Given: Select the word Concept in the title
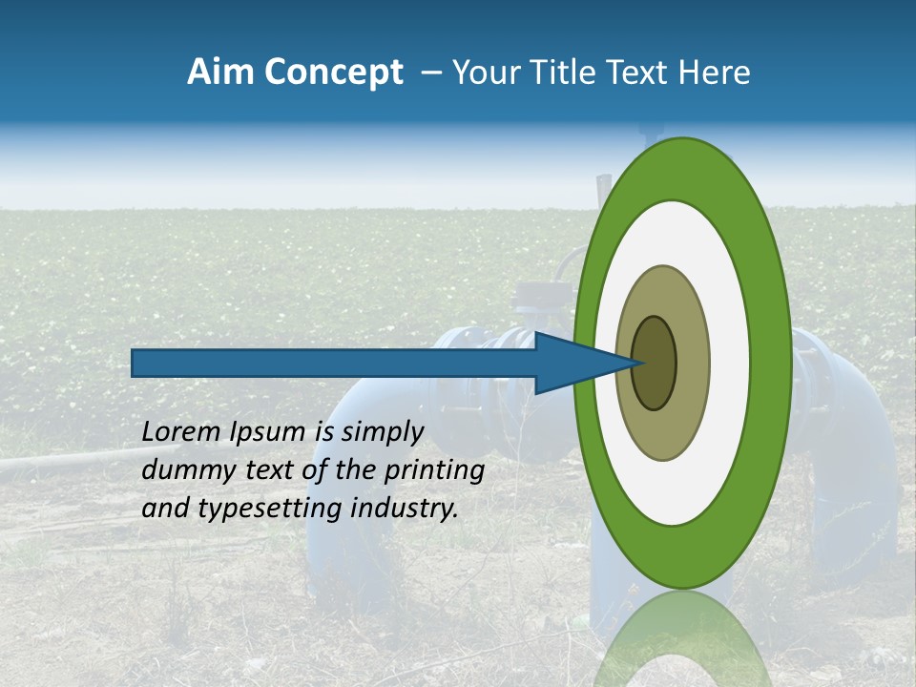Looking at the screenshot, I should pyautogui.click(x=333, y=73).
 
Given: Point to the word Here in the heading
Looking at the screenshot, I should pyautogui.click(x=715, y=73).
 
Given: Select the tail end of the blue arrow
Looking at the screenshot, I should pyautogui.click(x=135, y=363).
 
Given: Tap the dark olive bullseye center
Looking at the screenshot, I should pyautogui.click(x=654, y=363).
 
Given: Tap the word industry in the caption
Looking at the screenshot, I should pyautogui.click(x=405, y=509).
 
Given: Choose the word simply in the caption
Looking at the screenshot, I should pyautogui.click(x=382, y=432).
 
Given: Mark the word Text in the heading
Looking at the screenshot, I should pyautogui.click(x=645, y=73).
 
